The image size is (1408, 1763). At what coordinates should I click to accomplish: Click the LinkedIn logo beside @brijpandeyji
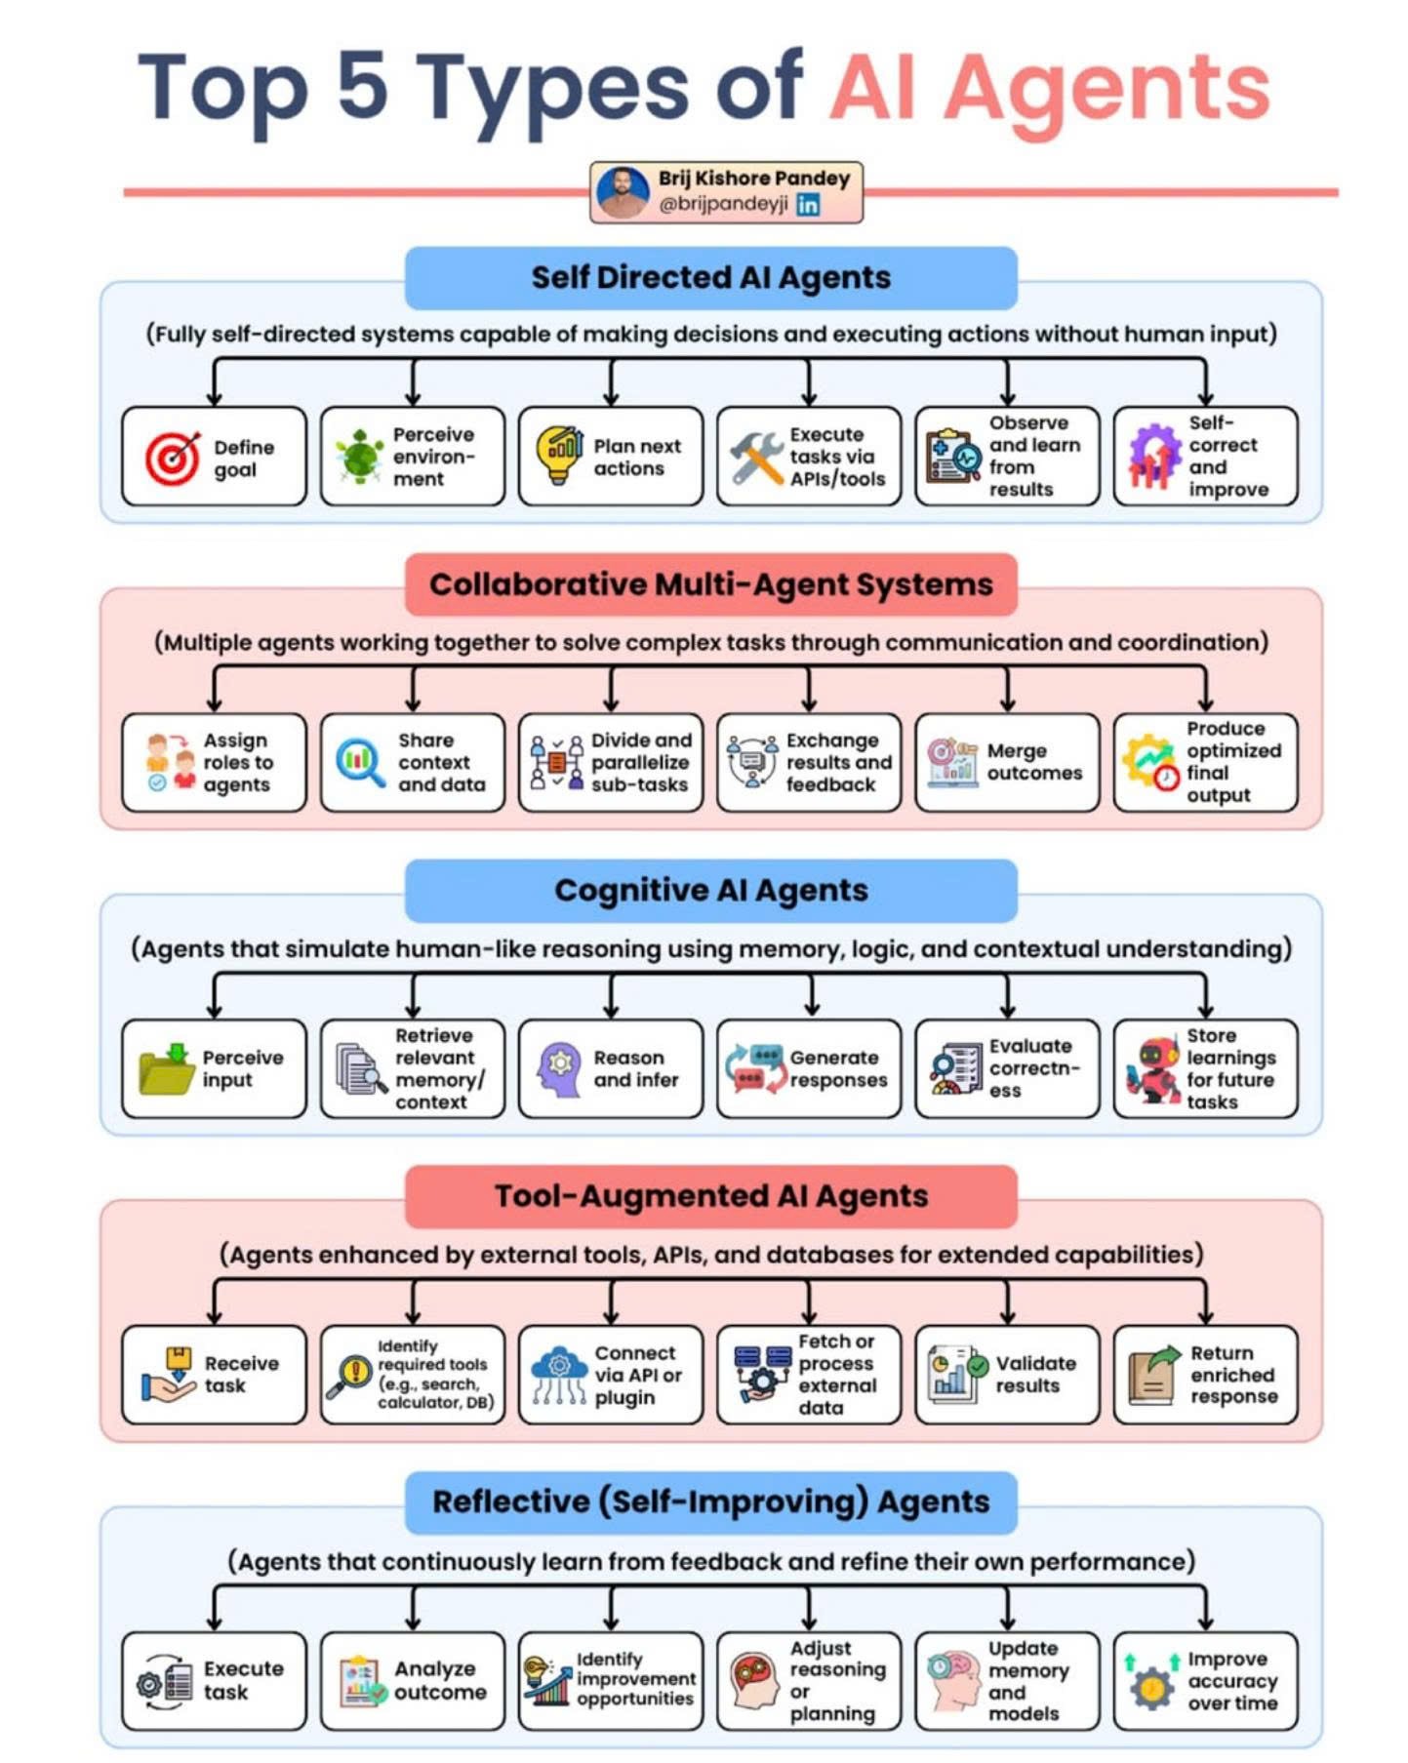click(x=807, y=204)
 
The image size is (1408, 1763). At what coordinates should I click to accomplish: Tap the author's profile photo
click(x=623, y=192)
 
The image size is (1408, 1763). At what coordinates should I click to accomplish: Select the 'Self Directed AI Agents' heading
click(x=710, y=278)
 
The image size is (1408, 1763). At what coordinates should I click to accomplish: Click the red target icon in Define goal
click(x=173, y=458)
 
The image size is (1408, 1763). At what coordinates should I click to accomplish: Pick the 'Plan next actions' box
click(x=610, y=457)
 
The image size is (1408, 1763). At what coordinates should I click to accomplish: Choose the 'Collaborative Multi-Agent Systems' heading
click(x=710, y=584)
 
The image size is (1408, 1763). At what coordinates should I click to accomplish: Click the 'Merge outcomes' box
click(x=1006, y=762)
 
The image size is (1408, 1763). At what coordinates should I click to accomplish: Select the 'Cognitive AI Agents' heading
click(x=710, y=890)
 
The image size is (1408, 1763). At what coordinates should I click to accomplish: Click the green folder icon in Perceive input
click(x=167, y=1068)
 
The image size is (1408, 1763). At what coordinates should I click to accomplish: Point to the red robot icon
click(x=1153, y=1069)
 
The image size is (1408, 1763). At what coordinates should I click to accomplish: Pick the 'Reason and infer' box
click(x=610, y=1068)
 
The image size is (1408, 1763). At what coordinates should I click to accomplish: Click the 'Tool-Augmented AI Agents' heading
click(x=710, y=1196)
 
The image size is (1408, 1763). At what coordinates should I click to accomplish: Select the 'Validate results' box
click(x=1006, y=1374)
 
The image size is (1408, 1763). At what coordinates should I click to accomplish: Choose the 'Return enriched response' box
click(x=1205, y=1374)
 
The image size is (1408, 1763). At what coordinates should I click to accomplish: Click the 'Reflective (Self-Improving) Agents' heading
click(x=710, y=1502)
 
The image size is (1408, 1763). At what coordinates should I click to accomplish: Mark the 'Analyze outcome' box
click(x=412, y=1680)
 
